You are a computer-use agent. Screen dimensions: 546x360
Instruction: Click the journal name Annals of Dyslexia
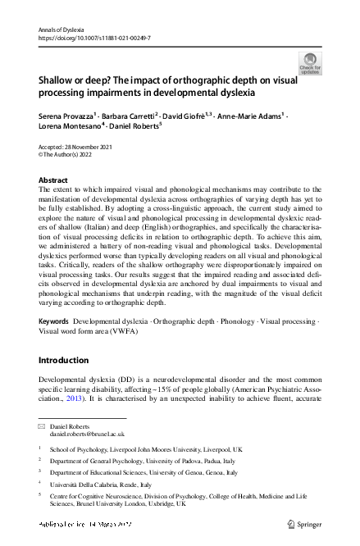pos(63,29)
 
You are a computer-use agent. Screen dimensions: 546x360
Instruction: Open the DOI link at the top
pos(92,38)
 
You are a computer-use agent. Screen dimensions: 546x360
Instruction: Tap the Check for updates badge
pos(310,62)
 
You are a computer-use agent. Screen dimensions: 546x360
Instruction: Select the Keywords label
pos(55,322)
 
